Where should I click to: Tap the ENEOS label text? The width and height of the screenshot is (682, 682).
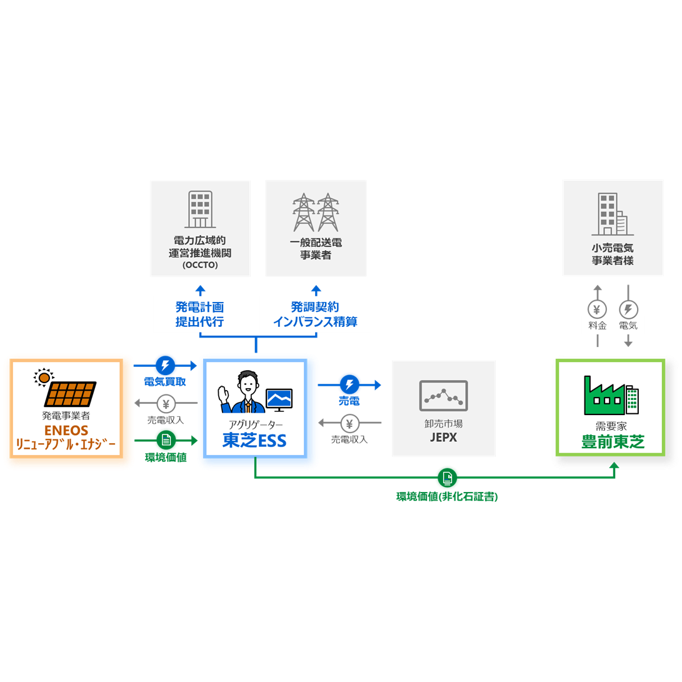tap(66, 431)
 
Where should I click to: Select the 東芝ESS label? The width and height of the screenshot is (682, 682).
tap(254, 441)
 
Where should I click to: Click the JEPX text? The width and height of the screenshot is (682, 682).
tap(443, 438)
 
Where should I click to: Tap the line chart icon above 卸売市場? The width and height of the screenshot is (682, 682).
tap(443, 396)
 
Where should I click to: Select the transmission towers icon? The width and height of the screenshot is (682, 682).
tap(315, 212)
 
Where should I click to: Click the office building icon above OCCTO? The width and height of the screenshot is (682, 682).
tap(200, 209)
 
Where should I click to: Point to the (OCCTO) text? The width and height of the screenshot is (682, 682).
tap(200, 266)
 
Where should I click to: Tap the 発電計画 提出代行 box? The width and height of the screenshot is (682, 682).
tap(199, 314)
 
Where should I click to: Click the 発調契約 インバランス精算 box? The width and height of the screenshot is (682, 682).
tap(315, 314)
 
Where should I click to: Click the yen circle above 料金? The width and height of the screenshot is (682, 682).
tap(597, 309)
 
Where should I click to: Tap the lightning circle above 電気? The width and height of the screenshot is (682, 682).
tap(628, 309)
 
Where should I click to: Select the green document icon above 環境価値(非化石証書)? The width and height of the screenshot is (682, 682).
tap(448, 478)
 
